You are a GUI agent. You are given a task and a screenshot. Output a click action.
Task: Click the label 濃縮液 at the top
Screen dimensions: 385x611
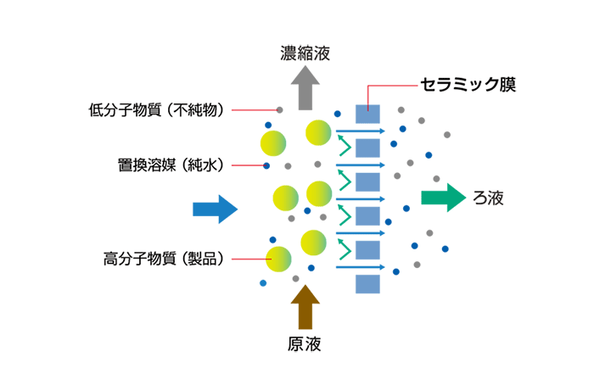(305, 54)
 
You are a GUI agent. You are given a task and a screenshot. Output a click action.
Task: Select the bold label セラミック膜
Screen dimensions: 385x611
(468, 84)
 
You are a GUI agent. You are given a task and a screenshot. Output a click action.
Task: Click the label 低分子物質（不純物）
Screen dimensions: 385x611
(158, 109)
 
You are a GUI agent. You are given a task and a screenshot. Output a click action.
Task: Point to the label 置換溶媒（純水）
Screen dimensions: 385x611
(171, 164)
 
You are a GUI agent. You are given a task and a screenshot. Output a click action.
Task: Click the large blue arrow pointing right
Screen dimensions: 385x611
(215, 208)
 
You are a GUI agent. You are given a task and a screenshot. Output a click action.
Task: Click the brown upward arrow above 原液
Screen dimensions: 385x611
(305, 306)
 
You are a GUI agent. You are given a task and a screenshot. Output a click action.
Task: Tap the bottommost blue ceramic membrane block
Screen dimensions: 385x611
(367, 283)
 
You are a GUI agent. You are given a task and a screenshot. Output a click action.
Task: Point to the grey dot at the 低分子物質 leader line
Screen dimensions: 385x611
(279, 110)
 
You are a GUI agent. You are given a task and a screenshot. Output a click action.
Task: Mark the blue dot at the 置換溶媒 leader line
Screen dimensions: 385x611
(266, 165)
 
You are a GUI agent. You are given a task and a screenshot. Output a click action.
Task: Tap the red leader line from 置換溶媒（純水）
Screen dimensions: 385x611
(246, 165)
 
